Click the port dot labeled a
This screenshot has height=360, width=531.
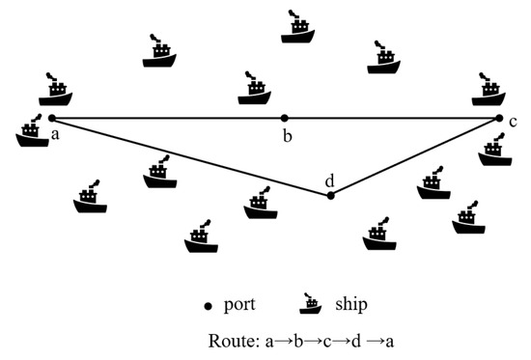[x=52, y=118]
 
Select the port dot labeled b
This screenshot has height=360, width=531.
[x=284, y=118]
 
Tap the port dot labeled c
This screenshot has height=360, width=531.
[x=499, y=118]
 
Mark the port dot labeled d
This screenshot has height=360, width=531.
[x=331, y=195]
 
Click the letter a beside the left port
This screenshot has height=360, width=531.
[x=56, y=133]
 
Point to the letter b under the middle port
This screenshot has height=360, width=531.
[x=287, y=135]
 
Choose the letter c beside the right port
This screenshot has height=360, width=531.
[x=514, y=122]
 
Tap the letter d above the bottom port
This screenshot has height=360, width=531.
[x=330, y=180]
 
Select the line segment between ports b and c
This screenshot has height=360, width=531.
[x=391, y=118]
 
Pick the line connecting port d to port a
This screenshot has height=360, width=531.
[x=193, y=157]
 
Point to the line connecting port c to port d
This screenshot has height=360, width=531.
[x=415, y=156]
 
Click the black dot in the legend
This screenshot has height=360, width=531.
[x=209, y=306]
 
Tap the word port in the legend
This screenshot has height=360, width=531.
[x=240, y=306]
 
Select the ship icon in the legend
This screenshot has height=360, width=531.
[x=311, y=303]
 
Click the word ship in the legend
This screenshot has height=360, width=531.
[x=351, y=304]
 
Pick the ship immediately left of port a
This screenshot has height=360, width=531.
[x=32, y=132]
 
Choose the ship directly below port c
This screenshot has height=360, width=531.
[x=494, y=151]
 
